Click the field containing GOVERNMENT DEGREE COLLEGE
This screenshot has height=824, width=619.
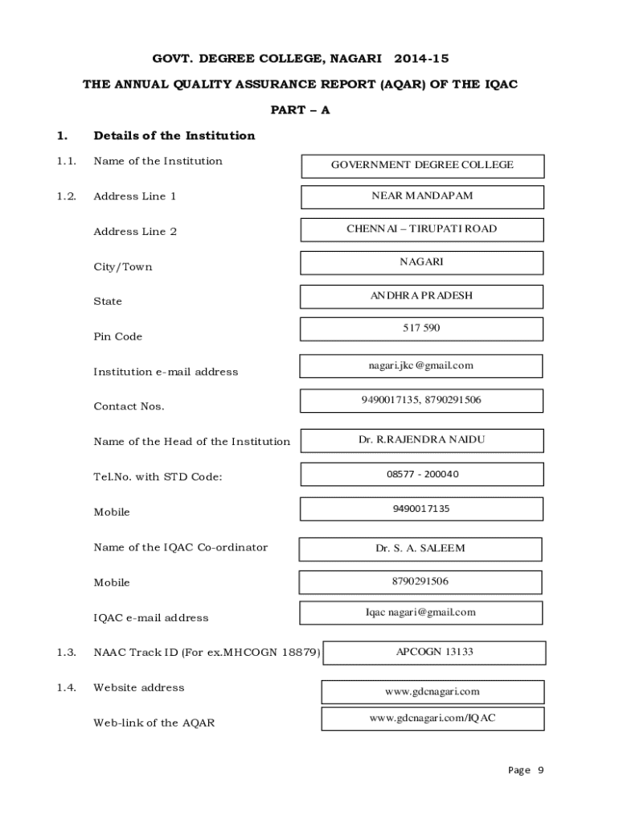422,165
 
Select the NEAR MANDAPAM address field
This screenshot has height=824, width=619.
422,196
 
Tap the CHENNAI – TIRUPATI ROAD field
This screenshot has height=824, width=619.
422,229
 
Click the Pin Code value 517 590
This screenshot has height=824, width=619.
421,328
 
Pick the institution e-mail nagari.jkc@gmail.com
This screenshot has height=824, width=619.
421,365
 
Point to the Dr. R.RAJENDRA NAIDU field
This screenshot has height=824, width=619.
422,440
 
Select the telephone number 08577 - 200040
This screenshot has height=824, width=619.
422,474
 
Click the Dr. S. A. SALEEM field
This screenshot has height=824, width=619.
420,549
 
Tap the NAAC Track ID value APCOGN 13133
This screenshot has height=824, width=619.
434,652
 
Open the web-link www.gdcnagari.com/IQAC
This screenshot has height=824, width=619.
432,718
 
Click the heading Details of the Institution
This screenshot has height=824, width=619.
174,135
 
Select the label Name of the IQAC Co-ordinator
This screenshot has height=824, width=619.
181,548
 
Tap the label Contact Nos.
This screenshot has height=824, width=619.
129,406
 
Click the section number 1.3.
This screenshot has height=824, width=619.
66,653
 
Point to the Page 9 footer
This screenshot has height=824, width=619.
526,770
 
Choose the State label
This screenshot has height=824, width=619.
108,302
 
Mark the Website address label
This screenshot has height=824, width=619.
139,688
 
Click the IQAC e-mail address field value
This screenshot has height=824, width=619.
420,612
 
